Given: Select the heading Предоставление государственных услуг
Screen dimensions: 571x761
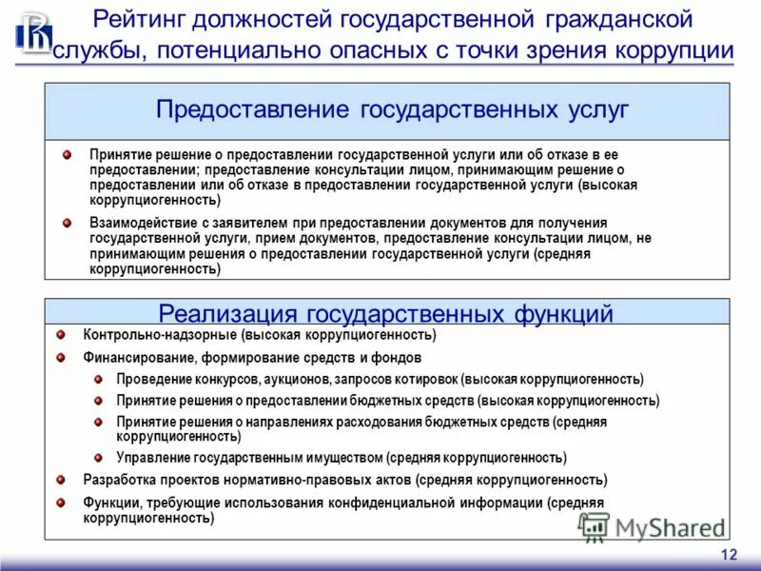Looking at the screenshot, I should pyautogui.click(x=392, y=109).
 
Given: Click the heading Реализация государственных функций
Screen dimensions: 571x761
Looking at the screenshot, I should pyautogui.click(x=385, y=313).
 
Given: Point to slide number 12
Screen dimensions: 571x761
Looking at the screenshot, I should pyautogui.click(x=729, y=556).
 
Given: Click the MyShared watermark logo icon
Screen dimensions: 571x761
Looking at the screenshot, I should pyautogui.click(x=595, y=526).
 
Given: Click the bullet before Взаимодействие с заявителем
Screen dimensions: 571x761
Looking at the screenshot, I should pyautogui.click(x=68, y=223).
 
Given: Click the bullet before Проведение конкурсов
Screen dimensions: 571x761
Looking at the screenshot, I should pyautogui.click(x=98, y=379).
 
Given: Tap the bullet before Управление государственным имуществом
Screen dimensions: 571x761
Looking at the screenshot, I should pyautogui.click(x=98, y=457).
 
